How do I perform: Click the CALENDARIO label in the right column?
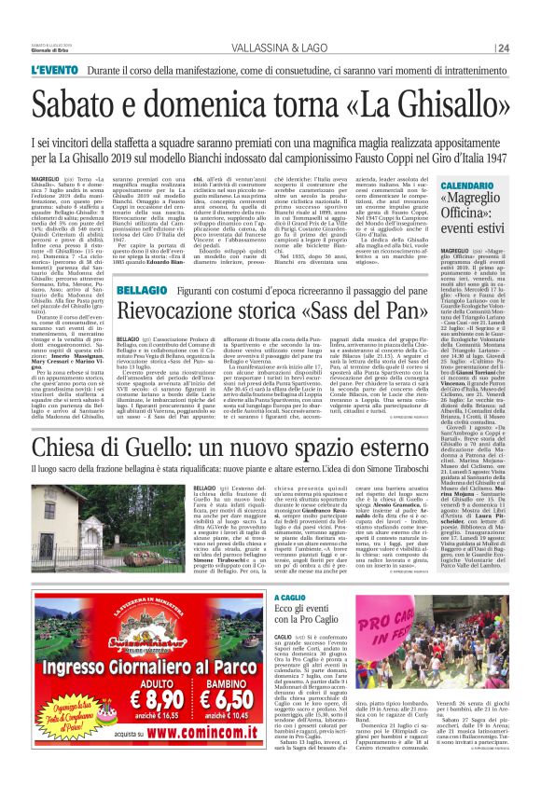click(x=466, y=186)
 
